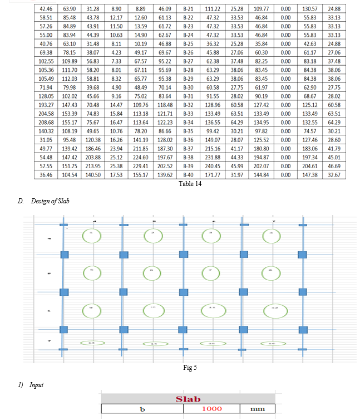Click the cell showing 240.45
(x=209, y=166)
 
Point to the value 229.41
(x=140, y=166)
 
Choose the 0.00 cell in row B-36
(x=285, y=139)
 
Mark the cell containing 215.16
(x=209, y=148)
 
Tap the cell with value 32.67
(x=334, y=175)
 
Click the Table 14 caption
(x=190, y=183)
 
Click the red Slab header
(x=188, y=399)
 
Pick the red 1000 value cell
(x=211, y=409)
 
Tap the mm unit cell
(x=257, y=409)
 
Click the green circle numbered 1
(x=93, y=235)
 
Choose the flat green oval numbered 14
(x=152, y=343)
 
